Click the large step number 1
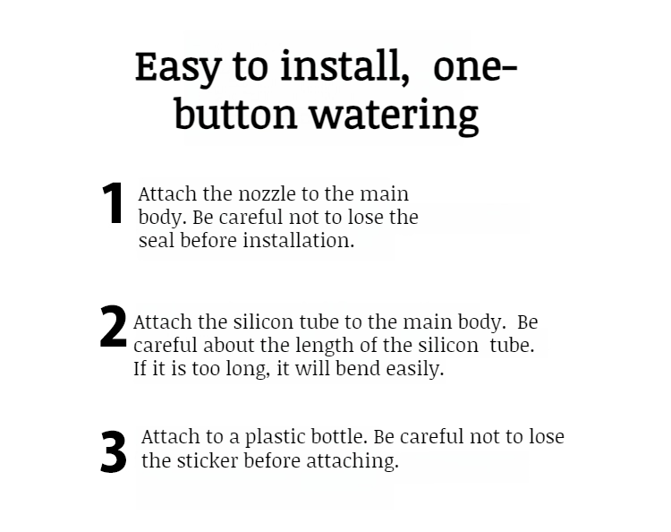pos(113,205)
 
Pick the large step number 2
pos(114,328)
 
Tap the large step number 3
pos(114,452)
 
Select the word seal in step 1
pos(157,241)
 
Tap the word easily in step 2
pos(415,368)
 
